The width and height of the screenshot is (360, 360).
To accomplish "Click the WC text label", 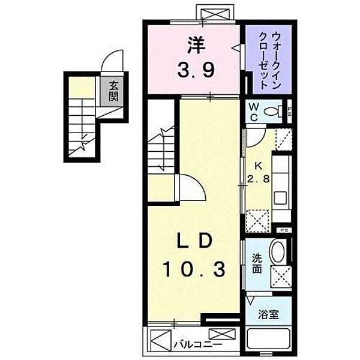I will tap(254, 112).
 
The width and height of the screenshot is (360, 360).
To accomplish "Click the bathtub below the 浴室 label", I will tap(268, 343).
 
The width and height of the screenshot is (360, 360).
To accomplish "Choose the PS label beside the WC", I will tap(290, 110).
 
